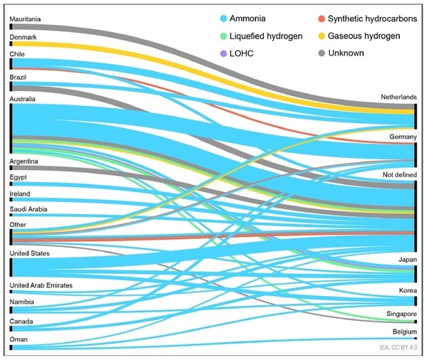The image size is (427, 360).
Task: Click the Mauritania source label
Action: [x=26, y=18]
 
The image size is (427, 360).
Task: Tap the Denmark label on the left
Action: [x=23, y=36]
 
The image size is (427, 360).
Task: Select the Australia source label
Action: [x=24, y=99]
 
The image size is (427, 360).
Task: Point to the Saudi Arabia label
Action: [x=29, y=209]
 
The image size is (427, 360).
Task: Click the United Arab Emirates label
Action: [x=42, y=285]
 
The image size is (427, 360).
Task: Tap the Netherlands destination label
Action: [x=396, y=97]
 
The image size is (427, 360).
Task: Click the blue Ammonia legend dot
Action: [x=223, y=18]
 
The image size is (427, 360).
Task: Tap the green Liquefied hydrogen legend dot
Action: [x=223, y=35]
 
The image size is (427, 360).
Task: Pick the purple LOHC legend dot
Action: [x=223, y=52]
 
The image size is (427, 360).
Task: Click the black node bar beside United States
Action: [x=11, y=267]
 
